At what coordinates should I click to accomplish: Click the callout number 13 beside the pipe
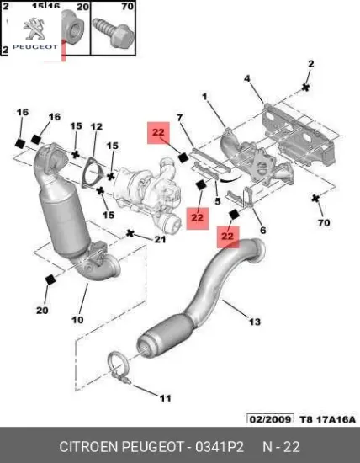[254, 321]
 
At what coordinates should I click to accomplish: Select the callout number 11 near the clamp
[165, 397]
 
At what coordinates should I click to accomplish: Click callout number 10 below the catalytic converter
[77, 320]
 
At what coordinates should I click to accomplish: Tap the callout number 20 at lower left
[42, 310]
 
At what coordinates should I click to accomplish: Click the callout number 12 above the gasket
[96, 127]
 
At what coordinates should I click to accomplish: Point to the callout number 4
[247, 79]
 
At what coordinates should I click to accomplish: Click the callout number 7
[178, 116]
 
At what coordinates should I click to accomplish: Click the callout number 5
[218, 202]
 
